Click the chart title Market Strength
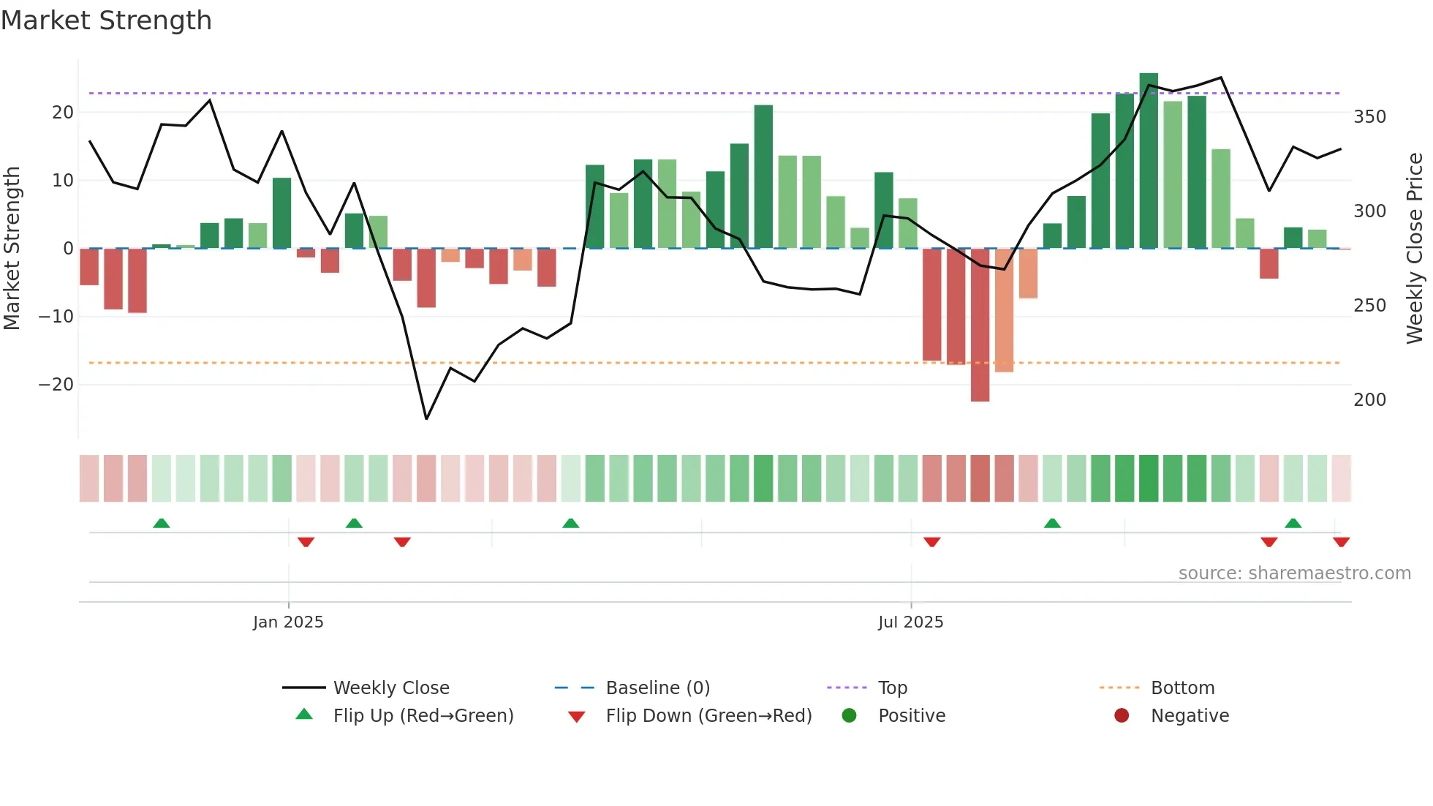[x=106, y=20]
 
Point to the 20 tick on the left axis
[x=63, y=113]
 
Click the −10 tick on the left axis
[x=56, y=317]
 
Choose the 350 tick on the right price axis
[x=1369, y=117]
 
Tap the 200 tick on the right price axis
[x=1369, y=400]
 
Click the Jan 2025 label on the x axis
[x=288, y=622]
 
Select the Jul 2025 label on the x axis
[x=910, y=622]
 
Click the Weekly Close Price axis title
[x=1415, y=248]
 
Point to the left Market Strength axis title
[x=12, y=248]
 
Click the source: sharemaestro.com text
[x=1294, y=573]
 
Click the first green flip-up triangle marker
[x=162, y=523]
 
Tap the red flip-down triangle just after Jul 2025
[x=931, y=542]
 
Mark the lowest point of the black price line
[x=426, y=419]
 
